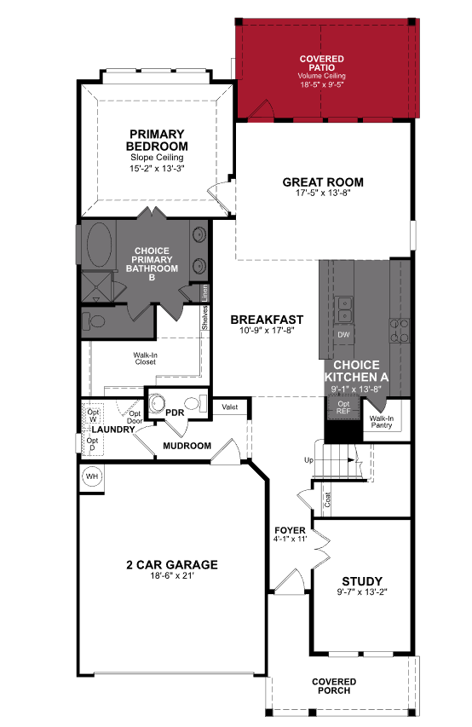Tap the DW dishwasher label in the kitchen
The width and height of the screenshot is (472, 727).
click(x=343, y=335)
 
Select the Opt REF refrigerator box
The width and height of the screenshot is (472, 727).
click(x=343, y=407)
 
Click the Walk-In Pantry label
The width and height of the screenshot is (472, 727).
click(x=381, y=422)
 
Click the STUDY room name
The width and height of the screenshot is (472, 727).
click(x=362, y=581)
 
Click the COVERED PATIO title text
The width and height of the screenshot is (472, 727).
click(x=321, y=64)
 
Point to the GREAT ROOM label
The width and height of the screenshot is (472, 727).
click(x=323, y=182)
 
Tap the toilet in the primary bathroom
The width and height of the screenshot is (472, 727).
click(x=95, y=322)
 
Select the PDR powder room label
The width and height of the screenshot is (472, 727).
click(x=175, y=413)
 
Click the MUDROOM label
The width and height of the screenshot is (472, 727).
click(x=188, y=445)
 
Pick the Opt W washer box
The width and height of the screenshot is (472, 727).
click(x=93, y=414)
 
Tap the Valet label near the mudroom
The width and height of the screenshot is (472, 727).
click(x=229, y=407)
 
